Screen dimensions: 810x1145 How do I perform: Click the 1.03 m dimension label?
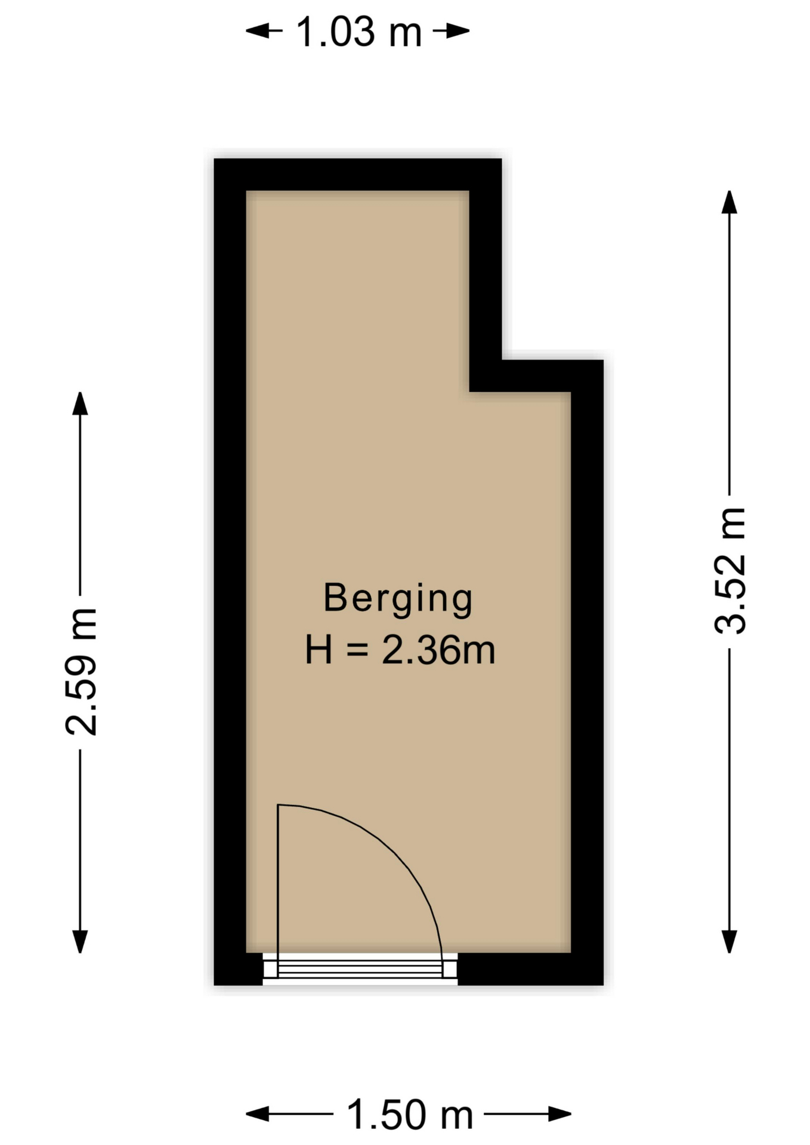pyautogui.click(x=359, y=32)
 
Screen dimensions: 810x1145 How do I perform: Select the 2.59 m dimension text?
pyautogui.click(x=81, y=671)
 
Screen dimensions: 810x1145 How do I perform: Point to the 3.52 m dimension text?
pyautogui.click(x=730, y=571)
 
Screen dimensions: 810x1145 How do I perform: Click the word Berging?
pyautogui.click(x=398, y=599)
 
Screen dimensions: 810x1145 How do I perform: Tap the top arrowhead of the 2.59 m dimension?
pyautogui.click(x=80, y=404)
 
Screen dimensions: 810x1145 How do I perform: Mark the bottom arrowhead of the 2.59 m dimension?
pyautogui.click(x=80, y=941)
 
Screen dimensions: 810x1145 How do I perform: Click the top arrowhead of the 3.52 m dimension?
pyautogui.click(x=729, y=202)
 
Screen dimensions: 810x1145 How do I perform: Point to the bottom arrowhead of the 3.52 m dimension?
pyautogui.click(x=729, y=941)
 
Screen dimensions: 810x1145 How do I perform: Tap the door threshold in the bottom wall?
pyautogui.click(x=360, y=968)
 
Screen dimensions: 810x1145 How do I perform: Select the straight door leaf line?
pyautogui.click(x=278, y=891)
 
